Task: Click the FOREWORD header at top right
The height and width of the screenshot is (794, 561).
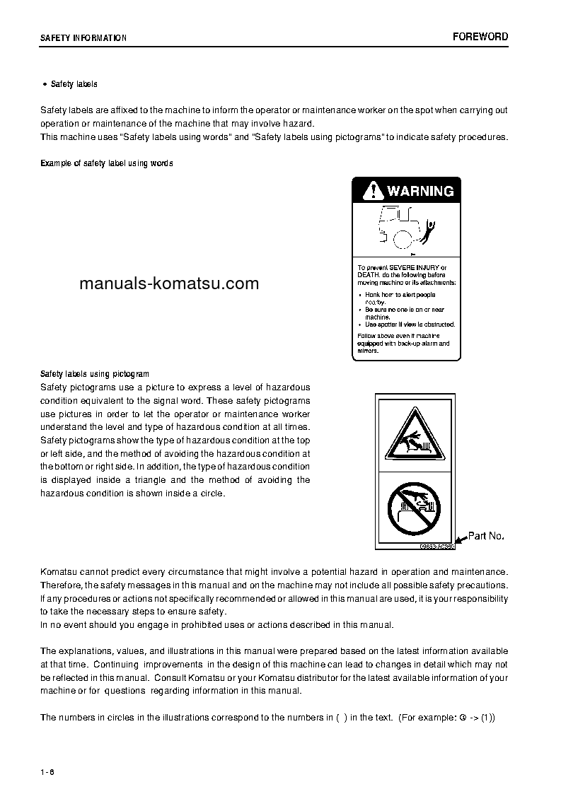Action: [480, 37]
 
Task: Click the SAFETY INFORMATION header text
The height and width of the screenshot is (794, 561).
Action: [83, 38]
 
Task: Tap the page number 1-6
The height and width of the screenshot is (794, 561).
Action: [47, 771]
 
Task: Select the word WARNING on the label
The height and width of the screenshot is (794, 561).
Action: [420, 191]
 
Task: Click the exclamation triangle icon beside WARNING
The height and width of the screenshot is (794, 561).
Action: [371, 190]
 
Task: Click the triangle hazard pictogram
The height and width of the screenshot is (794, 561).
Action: [414, 436]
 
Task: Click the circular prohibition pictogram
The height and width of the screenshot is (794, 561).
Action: [414, 508]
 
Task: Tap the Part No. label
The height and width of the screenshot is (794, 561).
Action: [486, 536]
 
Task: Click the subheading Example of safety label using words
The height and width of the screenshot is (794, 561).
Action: [107, 163]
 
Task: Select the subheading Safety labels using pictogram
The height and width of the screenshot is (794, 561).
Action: [95, 374]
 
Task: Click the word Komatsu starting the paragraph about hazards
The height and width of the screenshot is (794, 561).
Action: [59, 571]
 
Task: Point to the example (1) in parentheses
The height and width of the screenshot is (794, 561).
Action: [487, 718]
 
